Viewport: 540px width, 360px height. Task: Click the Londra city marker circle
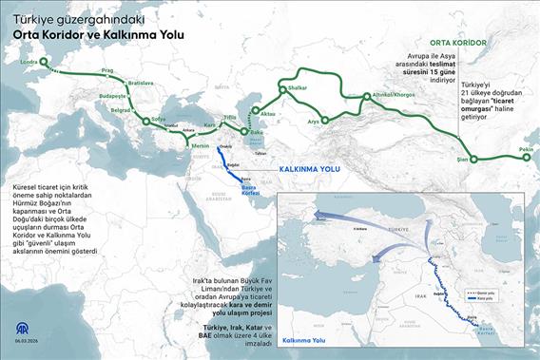click(48, 66)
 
